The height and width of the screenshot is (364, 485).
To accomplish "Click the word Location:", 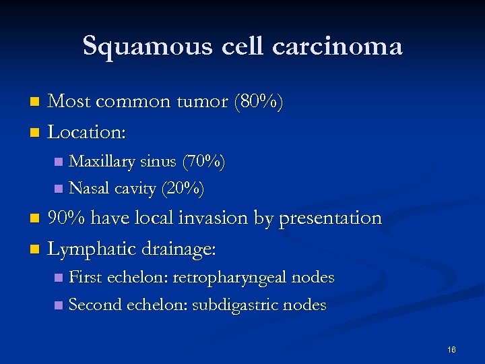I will point(87,132).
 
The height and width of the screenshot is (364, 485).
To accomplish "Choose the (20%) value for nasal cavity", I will point(183,188).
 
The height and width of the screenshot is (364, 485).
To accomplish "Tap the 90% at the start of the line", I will point(66,218).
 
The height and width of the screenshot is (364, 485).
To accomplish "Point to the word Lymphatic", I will point(92,249).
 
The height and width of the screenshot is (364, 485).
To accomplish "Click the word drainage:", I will point(181,250).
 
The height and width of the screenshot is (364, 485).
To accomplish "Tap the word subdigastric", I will point(235,305).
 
